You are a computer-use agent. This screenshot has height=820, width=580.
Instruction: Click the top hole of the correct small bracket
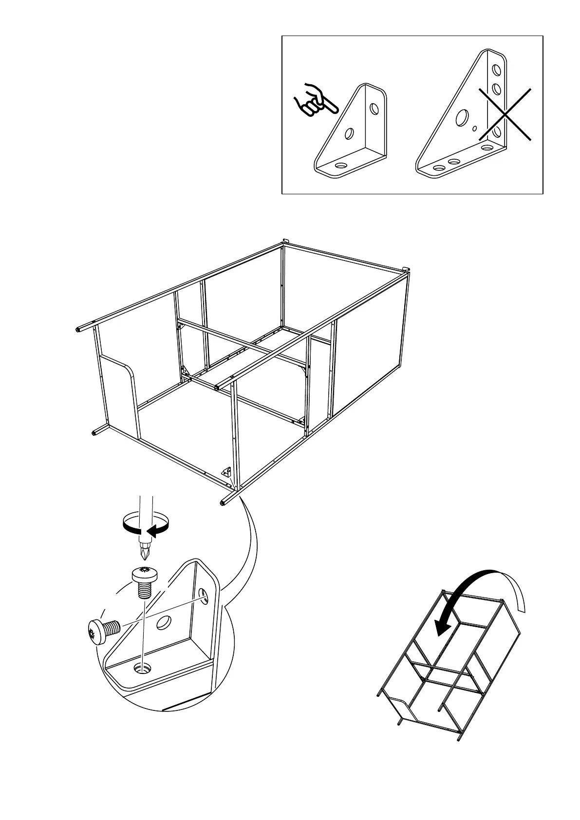coord(374,108)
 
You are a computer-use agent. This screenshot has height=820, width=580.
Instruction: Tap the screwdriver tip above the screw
coord(145,552)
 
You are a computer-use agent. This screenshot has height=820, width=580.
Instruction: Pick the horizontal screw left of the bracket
coord(102,631)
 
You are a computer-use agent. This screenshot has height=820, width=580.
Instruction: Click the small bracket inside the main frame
coord(226,471)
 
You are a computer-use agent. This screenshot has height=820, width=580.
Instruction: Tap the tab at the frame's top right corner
coord(406,268)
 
